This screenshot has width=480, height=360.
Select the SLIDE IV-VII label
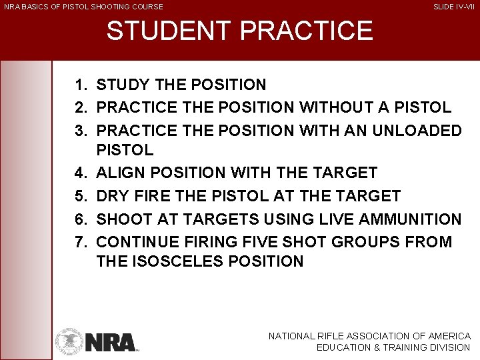[454, 7]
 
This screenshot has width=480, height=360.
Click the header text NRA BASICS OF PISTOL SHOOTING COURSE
[83, 7]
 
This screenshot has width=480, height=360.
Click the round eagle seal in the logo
[69, 341]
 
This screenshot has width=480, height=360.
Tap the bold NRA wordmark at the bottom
[110, 342]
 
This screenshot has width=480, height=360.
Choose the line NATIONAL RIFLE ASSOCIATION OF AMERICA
[369, 337]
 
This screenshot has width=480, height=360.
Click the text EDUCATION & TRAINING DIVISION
[393, 347]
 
